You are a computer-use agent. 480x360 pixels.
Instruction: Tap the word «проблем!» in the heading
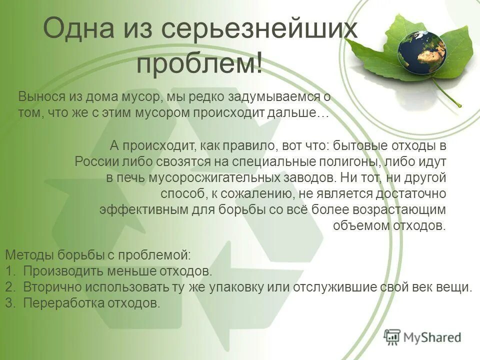pos(200,64)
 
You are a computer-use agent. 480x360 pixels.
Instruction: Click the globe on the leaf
pos(421,53)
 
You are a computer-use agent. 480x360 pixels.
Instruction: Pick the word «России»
pos(94,161)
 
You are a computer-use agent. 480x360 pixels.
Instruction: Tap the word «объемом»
pos(355,225)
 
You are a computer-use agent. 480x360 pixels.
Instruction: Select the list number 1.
pos(9,271)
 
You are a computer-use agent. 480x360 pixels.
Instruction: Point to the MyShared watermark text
pos(433,337)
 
